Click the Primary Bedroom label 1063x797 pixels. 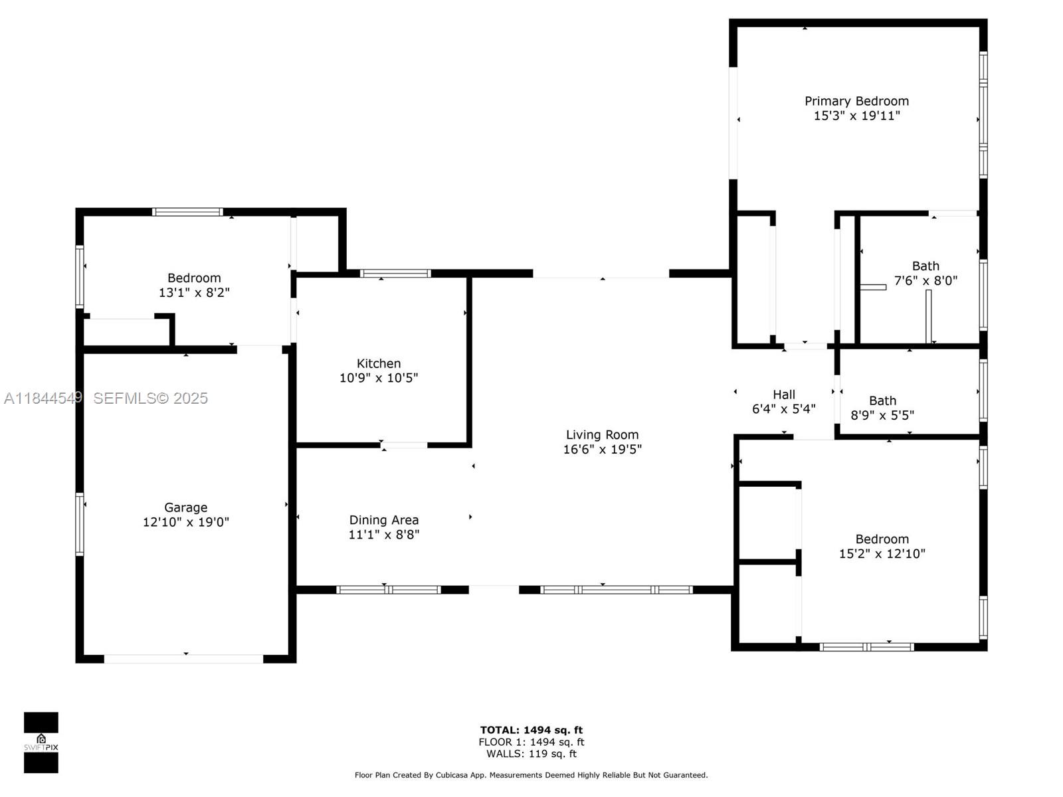856,101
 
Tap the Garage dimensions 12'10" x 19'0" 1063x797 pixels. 186,522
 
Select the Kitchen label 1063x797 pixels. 379,363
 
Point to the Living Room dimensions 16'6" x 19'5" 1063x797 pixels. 602,450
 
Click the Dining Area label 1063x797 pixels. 383,520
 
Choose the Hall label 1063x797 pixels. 783,395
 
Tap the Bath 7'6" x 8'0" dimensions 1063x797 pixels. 925,281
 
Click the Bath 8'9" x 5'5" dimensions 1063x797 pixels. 882,415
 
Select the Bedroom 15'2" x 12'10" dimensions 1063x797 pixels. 882,554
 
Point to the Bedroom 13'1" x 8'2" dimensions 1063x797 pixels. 194,293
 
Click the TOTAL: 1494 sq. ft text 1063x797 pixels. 531,730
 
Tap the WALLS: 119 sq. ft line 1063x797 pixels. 531,754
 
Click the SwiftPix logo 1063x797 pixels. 41,743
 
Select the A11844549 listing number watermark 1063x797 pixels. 43,398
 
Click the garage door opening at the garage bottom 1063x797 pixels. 183,659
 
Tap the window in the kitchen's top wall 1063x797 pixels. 395,274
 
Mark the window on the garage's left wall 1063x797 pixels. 80,524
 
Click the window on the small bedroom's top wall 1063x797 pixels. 187,212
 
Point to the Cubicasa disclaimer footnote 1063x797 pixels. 531,775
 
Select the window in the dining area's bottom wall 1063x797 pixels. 389,590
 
